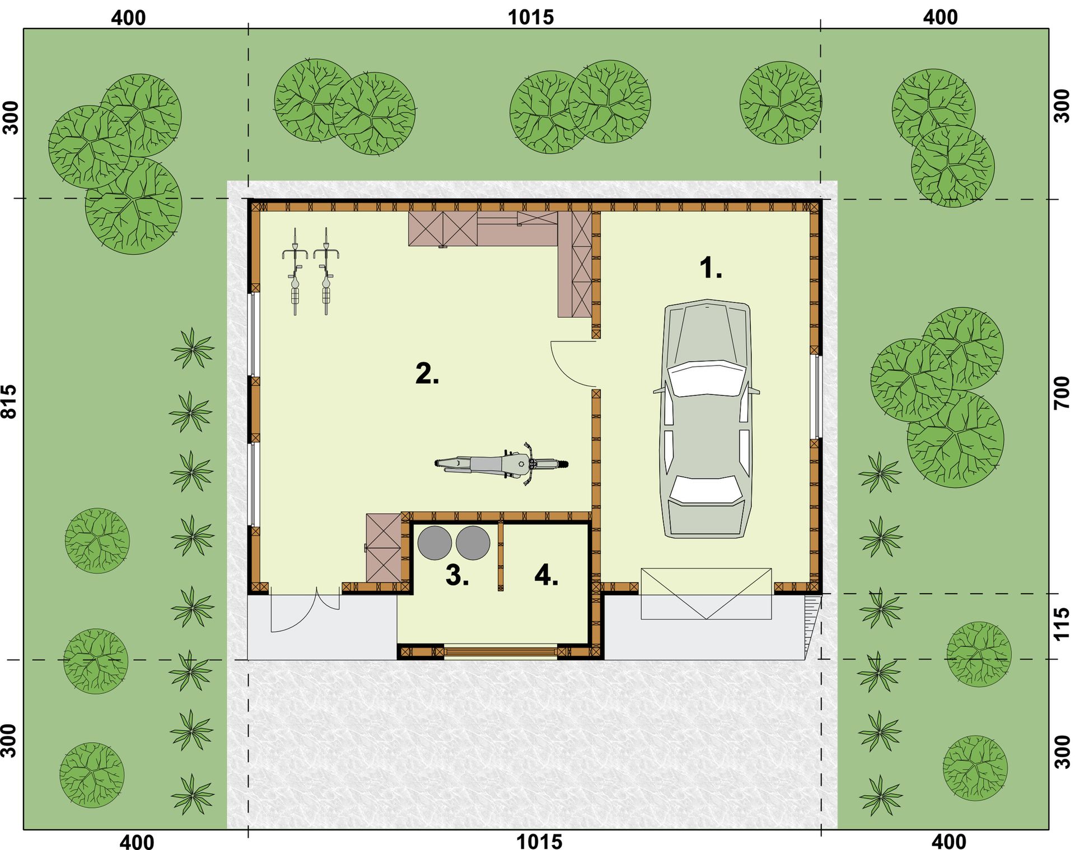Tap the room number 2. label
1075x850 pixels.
coord(427,373)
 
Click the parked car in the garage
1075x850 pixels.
coord(707,419)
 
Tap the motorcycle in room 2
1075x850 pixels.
coord(502,463)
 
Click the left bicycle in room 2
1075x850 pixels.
coord(295,271)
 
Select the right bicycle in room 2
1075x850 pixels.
coord(326,271)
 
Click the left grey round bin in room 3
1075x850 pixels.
coord(434,543)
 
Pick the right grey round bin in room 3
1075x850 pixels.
coord(473,543)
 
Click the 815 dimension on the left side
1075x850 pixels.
coord(10,401)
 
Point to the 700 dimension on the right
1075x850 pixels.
coord(1062,393)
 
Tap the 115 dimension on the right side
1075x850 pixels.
coord(1062,624)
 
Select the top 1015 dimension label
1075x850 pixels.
coord(530,17)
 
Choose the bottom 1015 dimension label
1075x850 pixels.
coord(539,841)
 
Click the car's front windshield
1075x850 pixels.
coord(707,379)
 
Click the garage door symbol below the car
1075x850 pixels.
coord(706,594)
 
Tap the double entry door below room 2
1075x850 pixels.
coord(305,610)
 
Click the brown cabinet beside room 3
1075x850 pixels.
coord(384,547)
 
